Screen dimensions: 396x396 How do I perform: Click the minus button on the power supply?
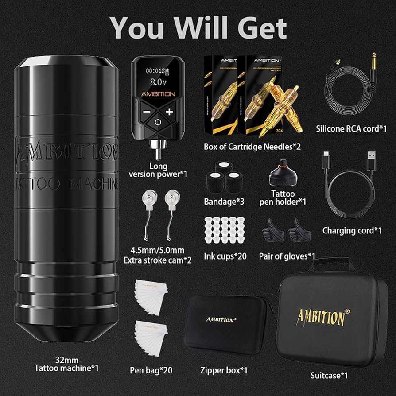tap(147, 112)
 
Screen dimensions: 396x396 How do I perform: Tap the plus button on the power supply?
tap(169, 112)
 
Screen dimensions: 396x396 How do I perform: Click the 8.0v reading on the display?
tap(158, 82)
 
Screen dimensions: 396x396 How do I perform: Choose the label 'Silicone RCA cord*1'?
tap(351, 128)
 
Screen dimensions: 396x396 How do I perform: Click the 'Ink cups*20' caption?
tap(225, 256)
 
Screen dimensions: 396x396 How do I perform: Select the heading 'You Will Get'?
tap(198, 28)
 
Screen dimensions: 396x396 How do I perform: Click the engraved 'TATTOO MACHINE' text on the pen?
tap(66, 183)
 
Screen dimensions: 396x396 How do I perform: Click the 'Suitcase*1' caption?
tap(328, 376)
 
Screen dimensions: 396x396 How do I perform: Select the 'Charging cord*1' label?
tap(352, 230)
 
